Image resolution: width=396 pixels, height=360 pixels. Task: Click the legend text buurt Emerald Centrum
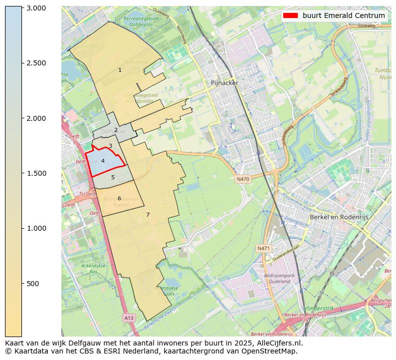tap(344, 15)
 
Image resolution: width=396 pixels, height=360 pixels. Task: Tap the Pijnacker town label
tap(224, 83)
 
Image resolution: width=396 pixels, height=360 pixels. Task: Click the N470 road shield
tap(243, 179)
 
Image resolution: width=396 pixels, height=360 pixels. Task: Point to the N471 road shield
tap(263, 248)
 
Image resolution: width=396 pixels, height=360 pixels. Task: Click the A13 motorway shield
tap(129, 318)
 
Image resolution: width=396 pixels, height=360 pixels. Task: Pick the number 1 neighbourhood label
tap(120, 70)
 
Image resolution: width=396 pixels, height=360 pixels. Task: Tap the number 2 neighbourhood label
tap(116, 130)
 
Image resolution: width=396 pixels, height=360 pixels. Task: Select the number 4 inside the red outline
tap(103, 161)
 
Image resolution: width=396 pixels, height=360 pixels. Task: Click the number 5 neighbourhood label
tap(113, 177)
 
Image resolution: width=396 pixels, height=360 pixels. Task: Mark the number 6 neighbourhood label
tap(119, 198)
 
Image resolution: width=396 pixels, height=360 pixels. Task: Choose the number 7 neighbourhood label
tap(148, 215)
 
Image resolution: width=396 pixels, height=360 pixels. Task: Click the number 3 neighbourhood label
tap(110, 146)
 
